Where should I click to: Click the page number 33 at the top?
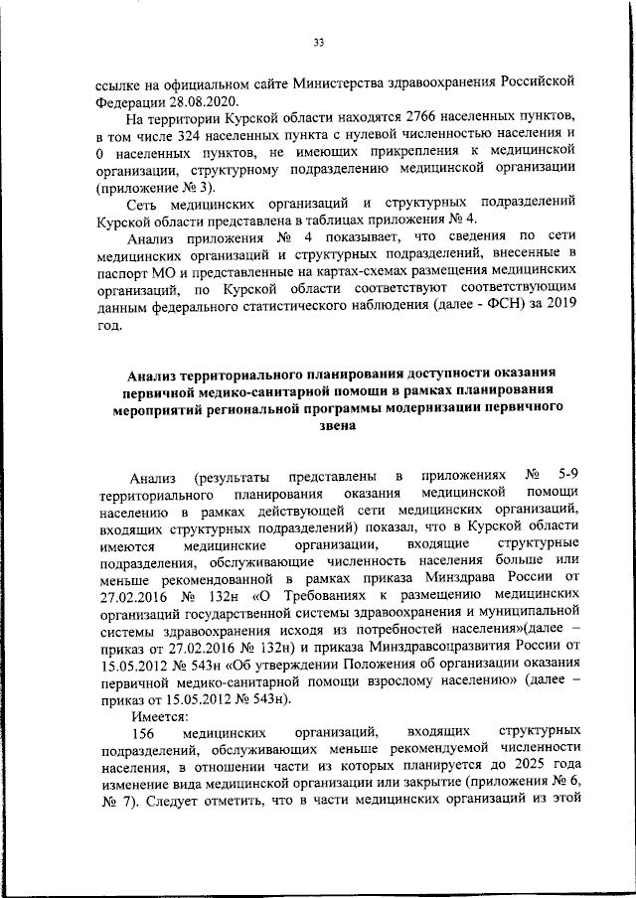(x=319, y=42)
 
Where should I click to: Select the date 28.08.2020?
(x=185, y=100)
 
